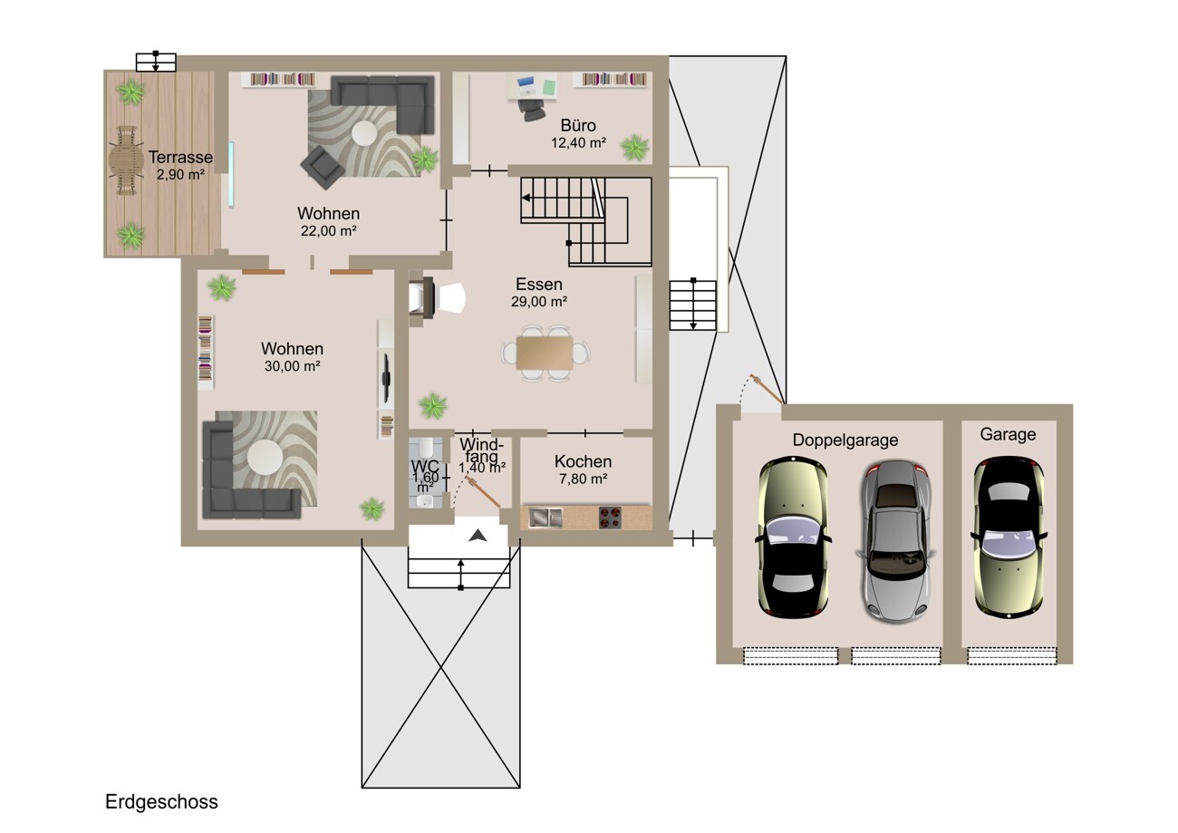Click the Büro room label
pyautogui.click(x=578, y=126)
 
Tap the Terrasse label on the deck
pyautogui.click(x=180, y=157)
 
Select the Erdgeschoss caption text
pyautogui.click(x=161, y=802)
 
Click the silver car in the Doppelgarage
pyautogui.click(x=895, y=542)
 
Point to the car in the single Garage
pyautogui.click(x=1009, y=538)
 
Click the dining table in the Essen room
pyautogui.click(x=545, y=353)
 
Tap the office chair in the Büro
pyautogui.click(x=532, y=109)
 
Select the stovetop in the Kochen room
pyautogui.click(x=610, y=518)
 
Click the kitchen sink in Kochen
pyautogui.click(x=545, y=518)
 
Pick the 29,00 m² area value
pyautogui.click(x=539, y=302)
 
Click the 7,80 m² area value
pyautogui.click(x=584, y=479)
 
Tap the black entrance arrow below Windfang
pyautogui.click(x=478, y=536)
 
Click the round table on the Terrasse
pyautogui.click(x=126, y=160)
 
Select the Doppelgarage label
pyautogui.click(x=845, y=441)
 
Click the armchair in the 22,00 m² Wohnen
pyautogui.click(x=323, y=167)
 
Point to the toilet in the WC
pyautogui.click(x=427, y=447)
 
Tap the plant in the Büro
pyautogui.click(x=634, y=148)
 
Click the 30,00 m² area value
pyautogui.click(x=293, y=366)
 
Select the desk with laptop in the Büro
pyautogui.click(x=532, y=86)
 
